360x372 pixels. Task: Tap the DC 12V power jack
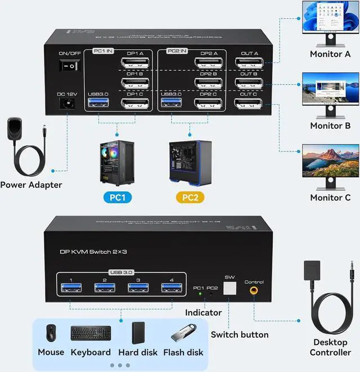pyautogui.click(x=68, y=104)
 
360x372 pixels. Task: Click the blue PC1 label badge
pyautogui.click(x=117, y=198)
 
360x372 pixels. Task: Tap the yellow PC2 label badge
pyautogui.click(x=190, y=198)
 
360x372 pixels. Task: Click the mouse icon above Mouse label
pyautogui.click(x=51, y=333)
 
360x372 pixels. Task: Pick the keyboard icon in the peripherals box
pyautogui.click(x=91, y=333)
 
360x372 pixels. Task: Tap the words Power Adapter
pyautogui.click(x=31, y=185)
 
